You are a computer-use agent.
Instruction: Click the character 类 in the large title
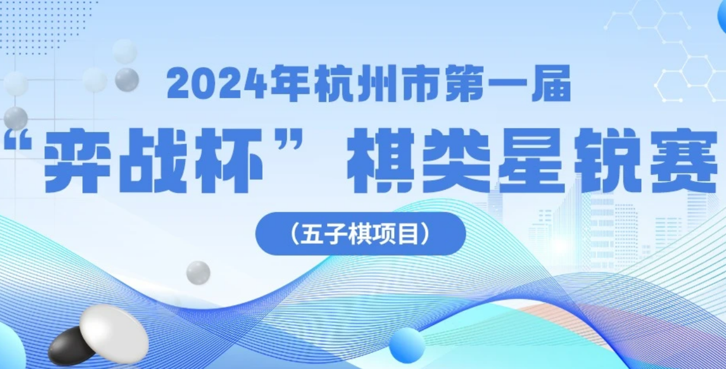pos(458,160)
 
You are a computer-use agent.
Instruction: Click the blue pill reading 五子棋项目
pos(360,234)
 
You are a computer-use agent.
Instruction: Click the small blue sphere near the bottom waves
pos(407,345)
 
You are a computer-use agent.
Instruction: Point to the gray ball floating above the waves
pos(199,273)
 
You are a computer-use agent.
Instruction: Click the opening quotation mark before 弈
pos(20,143)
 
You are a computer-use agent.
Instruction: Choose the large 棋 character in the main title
pos(382,160)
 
